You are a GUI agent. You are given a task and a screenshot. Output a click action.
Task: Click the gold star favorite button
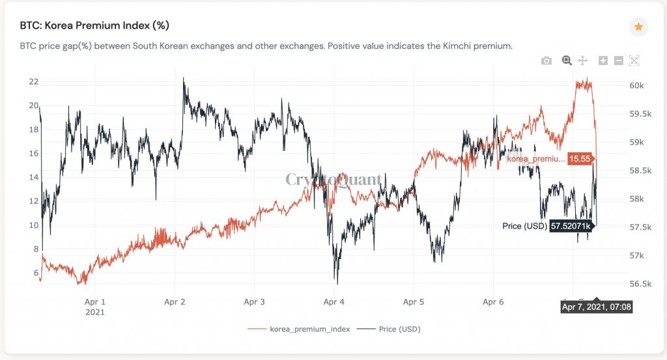[638, 27]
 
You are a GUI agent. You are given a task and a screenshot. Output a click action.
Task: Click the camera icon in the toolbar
[546, 61]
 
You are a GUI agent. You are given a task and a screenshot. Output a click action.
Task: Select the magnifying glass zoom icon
[567, 61]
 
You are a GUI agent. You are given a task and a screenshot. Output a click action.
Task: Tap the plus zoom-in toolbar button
[603, 61]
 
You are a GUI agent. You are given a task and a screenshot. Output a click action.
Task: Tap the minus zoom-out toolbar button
[619, 61]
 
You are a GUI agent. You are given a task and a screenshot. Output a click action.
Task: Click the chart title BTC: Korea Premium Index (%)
[95, 26]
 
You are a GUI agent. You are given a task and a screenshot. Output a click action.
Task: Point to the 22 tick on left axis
[33, 81]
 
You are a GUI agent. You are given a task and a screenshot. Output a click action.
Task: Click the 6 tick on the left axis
[35, 273]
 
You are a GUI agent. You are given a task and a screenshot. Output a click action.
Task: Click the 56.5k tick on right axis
[641, 284]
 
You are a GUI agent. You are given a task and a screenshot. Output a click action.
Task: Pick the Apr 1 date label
[95, 302]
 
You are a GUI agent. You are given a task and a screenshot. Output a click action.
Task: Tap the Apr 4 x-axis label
[333, 302]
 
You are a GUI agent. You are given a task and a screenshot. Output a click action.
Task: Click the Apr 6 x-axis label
[493, 302]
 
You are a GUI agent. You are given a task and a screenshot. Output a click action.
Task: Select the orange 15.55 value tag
[580, 158]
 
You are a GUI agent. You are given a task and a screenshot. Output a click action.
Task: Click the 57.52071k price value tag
[570, 226]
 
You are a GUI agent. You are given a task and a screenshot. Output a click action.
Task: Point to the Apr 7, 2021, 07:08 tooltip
[597, 306]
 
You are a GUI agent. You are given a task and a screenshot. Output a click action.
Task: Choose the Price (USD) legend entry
[399, 329]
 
